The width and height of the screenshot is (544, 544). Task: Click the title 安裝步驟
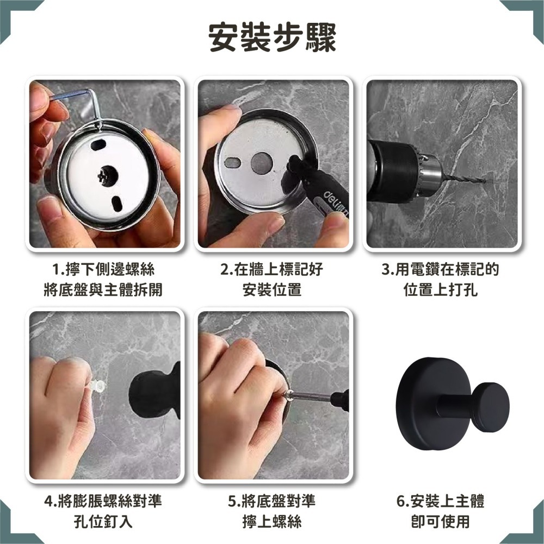pos(272,38)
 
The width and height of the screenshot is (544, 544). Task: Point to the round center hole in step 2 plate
pos(262,163)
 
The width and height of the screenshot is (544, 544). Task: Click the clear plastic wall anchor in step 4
pos(98,386)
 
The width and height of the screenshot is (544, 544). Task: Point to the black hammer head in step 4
pos(154,390)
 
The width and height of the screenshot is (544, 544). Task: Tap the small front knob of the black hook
pos(490,408)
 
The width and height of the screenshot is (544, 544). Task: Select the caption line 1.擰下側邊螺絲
pos(103,270)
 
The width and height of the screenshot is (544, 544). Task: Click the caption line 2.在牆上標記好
pos(271,270)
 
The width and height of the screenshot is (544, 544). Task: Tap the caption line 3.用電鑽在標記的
pos(440,270)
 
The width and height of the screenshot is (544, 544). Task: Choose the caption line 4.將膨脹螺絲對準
pos(103,501)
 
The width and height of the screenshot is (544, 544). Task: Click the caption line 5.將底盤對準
pos(271,501)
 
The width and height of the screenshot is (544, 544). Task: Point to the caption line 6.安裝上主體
pos(440,501)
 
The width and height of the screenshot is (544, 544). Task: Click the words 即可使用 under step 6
pos(440,522)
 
